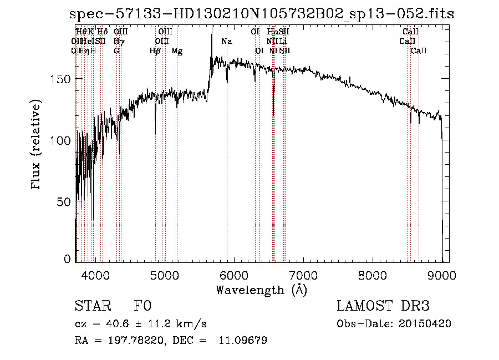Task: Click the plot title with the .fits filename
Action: point(261,14)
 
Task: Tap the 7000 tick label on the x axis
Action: point(303,273)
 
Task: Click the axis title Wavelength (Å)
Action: point(261,290)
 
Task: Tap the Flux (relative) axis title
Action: point(37,145)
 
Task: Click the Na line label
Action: point(227,41)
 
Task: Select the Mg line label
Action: point(177,50)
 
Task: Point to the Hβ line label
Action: point(155,50)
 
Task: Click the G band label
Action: point(116,50)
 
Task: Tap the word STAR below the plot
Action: point(93,306)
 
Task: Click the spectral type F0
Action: point(142,306)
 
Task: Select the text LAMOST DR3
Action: point(383,306)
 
